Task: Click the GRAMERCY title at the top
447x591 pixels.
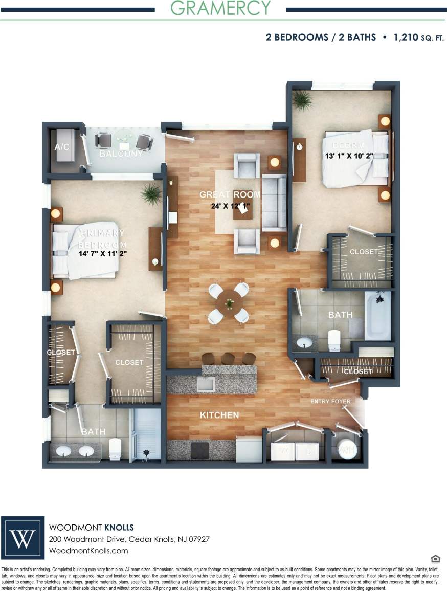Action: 220,8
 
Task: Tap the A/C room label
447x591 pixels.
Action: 61,147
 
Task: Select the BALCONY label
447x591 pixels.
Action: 121,154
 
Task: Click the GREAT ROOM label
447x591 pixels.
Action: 230,195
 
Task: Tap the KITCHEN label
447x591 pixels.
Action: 219,415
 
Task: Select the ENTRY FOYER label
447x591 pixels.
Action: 330,401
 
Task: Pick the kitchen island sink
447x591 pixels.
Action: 206,384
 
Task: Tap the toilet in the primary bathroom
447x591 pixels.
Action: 115,449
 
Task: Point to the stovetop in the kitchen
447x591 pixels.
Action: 199,450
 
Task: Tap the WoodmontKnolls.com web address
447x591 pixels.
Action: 88,551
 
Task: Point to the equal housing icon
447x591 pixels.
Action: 435,558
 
